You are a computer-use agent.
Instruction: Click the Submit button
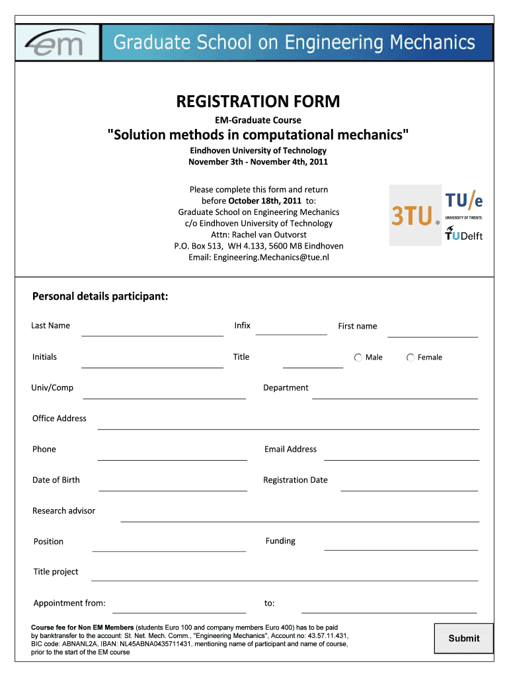(x=463, y=638)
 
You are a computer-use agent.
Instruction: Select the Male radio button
(x=358, y=358)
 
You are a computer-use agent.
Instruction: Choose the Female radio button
(x=411, y=358)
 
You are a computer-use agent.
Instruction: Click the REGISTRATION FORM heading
(x=258, y=102)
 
